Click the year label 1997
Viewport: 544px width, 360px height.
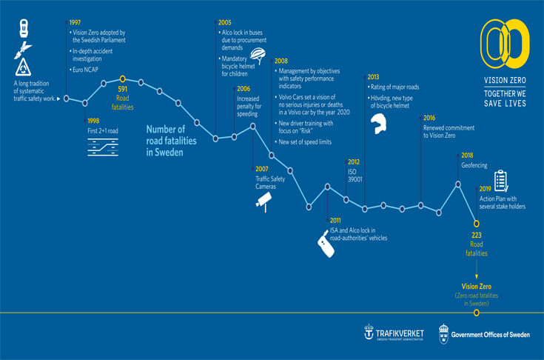tap(76, 23)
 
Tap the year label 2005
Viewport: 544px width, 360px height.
tap(225, 23)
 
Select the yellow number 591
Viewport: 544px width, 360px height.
tap(123, 90)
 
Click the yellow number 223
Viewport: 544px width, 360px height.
tap(477, 236)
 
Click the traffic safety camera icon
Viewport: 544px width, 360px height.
tap(264, 201)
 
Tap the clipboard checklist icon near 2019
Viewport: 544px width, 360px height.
tap(500, 180)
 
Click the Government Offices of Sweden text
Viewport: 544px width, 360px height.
tap(490, 335)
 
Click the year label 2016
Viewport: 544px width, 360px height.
tap(429, 118)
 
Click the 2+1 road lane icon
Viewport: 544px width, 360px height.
tap(102, 147)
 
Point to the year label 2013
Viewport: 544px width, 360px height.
tap(373, 76)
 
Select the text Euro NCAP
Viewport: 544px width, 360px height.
tap(85, 70)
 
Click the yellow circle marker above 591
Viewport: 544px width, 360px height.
tap(123, 78)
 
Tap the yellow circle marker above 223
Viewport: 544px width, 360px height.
tap(477, 221)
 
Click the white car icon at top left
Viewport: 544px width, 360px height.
tap(24, 28)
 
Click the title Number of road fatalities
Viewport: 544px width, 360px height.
tap(171, 140)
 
